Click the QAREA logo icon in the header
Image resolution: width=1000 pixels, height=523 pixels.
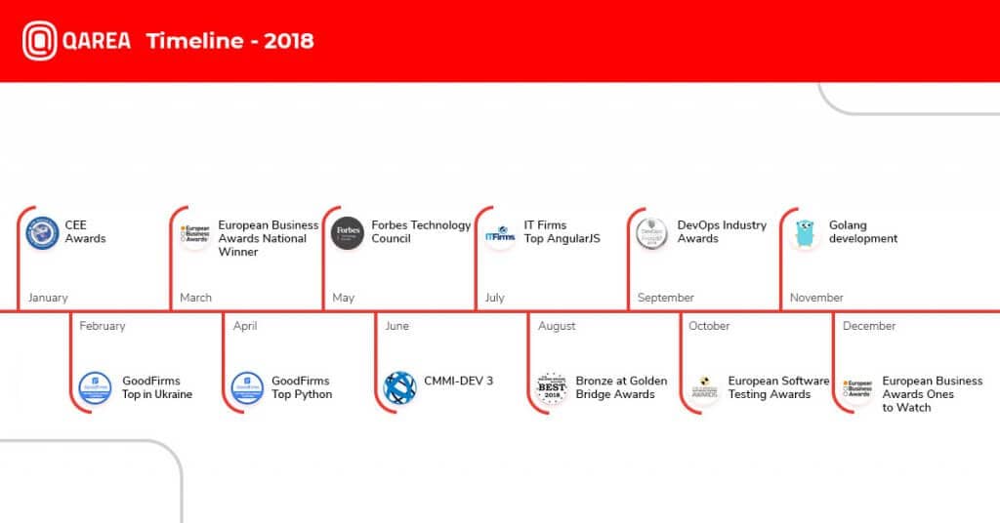[x=39, y=41]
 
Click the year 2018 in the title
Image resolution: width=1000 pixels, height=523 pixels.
[x=289, y=41]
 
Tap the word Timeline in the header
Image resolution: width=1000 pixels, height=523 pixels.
[x=195, y=41]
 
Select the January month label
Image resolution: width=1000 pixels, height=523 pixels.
[x=48, y=298]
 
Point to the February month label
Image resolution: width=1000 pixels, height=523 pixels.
[x=103, y=326]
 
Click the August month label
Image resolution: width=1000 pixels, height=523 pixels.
[x=557, y=326]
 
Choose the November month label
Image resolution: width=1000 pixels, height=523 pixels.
[x=816, y=298]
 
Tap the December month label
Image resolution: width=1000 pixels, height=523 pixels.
[x=869, y=326]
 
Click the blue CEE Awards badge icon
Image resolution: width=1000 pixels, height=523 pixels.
[x=43, y=233]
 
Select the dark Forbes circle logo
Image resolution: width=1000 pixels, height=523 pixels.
[x=348, y=233]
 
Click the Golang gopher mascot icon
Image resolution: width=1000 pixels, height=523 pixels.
[x=806, y=234]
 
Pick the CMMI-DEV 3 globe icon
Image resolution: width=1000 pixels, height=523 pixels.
[x=399, y=388]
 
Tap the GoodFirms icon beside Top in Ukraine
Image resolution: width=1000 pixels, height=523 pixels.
[x=95, y=388]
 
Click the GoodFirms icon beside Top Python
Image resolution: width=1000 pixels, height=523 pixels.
[x=247, y=388]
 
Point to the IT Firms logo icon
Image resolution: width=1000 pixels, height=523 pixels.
[x=500, y=234]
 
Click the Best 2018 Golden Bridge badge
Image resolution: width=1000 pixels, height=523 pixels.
[x=553, y=388]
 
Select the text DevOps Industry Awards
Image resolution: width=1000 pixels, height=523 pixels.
[x=722, y=232]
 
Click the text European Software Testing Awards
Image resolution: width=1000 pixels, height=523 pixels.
[x=778, y=387]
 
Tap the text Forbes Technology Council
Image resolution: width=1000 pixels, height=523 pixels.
[x=421, y=232]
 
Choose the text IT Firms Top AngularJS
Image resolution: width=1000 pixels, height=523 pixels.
[x=562, y=232]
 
